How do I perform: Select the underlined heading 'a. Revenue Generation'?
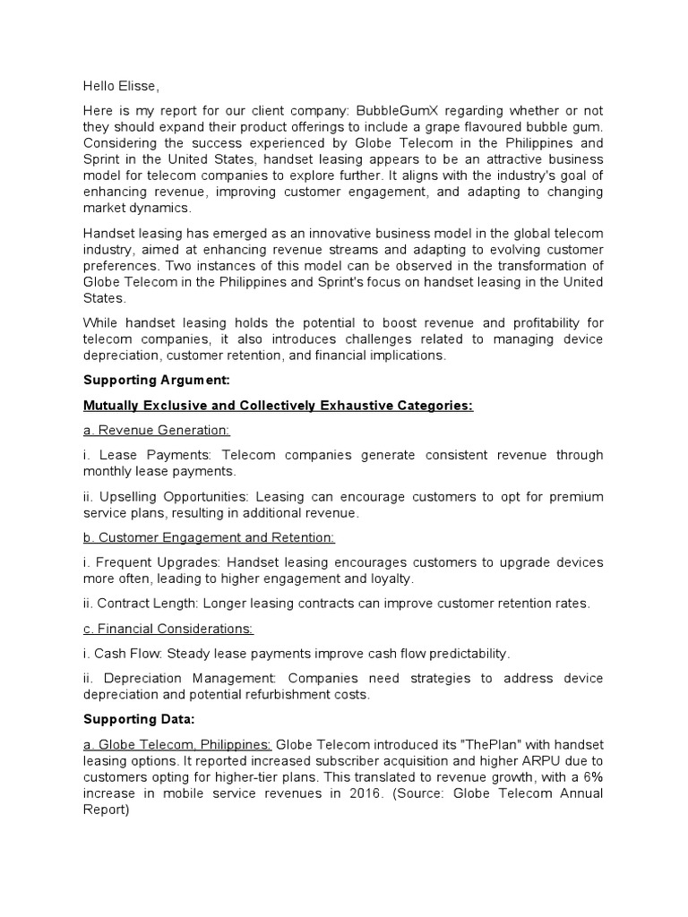coord(157,431)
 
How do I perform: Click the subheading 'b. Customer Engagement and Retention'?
coord(210,537)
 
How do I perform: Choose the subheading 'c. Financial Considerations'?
coord(168,629)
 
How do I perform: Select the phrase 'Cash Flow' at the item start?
coord(125,653)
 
